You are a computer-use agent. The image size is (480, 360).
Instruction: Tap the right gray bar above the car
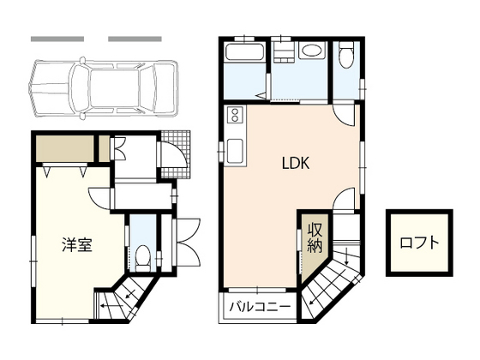135,39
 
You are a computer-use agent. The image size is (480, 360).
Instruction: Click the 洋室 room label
77,244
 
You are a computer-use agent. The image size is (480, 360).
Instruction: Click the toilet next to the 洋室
143,255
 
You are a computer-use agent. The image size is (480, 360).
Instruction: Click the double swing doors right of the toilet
187,244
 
